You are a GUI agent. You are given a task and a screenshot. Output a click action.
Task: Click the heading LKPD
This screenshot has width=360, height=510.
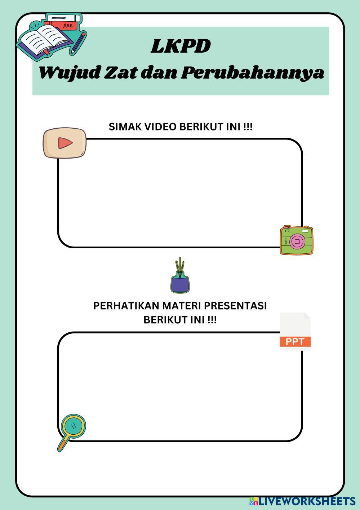181,46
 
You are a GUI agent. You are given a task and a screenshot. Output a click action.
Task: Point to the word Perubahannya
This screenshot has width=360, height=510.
252,73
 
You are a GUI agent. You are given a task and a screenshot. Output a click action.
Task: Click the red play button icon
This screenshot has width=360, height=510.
65,143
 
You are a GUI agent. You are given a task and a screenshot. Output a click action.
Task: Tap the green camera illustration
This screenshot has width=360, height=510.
297,240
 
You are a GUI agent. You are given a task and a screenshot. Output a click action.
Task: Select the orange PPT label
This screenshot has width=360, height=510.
295,342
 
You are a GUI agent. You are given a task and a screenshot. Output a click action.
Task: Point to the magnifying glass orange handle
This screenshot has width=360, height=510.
63,444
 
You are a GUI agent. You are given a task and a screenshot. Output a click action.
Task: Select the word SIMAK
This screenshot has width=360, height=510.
123,127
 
